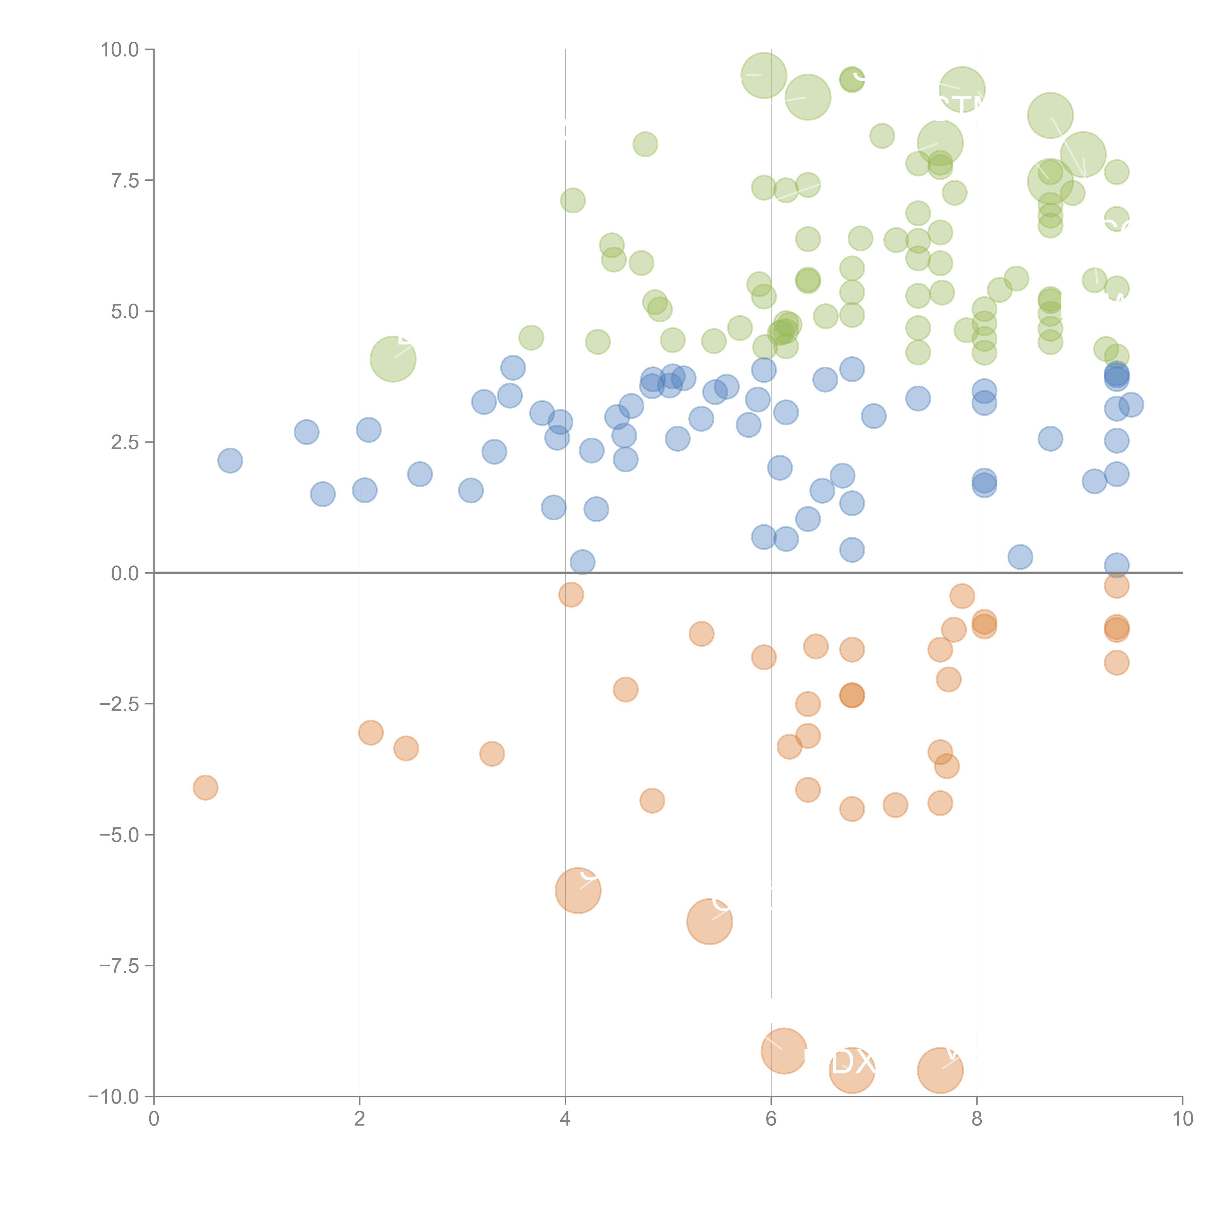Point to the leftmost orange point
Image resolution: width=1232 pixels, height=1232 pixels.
pyautogui.click(x=205, y=787)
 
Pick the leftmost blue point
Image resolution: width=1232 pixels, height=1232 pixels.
pyautogui.click(x=230, y=461)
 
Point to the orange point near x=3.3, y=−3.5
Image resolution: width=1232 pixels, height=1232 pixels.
pyautogui.click(x=492, y=754)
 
